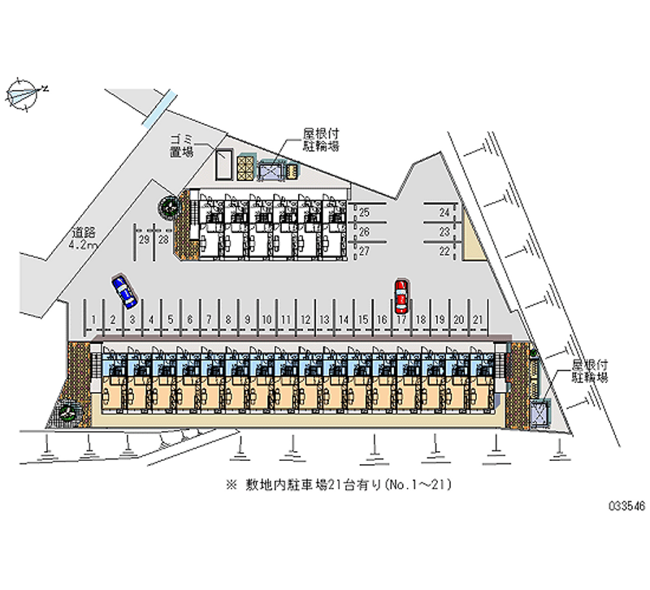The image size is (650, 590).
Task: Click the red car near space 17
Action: [x=401, y=297]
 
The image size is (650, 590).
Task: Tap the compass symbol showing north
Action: [x=24, y=93]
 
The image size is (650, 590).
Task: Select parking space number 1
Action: [x=95, y=321]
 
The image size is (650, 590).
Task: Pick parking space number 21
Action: [x=479, y=321]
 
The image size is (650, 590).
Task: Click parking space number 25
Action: [x=365, y=213]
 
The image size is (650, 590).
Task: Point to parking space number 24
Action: [x=444, y=213]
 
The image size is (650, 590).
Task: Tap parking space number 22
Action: [x=444, y=252]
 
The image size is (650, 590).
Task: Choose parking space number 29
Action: [x=143, y=239]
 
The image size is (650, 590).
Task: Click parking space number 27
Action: [x=365, y=252]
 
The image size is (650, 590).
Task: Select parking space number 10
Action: [x=266, y=321]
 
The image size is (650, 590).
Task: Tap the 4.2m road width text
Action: [x=83, y=244]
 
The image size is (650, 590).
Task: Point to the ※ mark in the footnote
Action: [x=232, y=485]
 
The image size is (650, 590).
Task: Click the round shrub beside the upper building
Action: [x=169, y=207]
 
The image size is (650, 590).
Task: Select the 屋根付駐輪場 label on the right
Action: [x=590, y=372]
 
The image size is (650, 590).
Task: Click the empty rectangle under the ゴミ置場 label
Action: [x=223, y=165]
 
